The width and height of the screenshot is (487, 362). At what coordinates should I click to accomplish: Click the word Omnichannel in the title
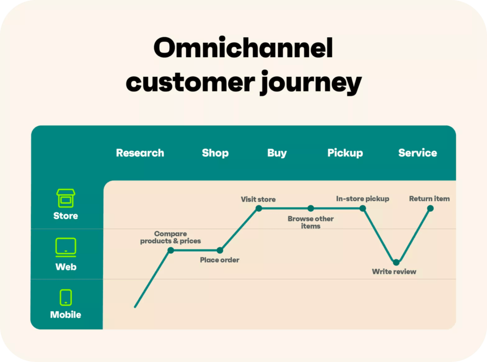243,49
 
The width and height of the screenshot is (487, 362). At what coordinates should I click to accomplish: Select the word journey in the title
311,83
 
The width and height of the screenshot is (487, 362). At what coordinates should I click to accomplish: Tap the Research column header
140,153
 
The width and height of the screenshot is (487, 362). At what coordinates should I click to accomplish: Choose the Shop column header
215,153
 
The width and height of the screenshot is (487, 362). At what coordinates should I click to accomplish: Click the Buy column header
277,153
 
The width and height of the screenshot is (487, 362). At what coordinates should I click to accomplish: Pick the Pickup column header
345,153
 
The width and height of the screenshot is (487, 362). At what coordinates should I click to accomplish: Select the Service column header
418,153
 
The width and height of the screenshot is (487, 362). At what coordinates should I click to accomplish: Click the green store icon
65,199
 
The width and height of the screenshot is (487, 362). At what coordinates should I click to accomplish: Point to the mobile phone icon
65,297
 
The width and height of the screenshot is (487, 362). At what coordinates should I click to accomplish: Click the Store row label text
65,216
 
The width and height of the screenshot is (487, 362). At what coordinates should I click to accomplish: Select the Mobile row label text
65,315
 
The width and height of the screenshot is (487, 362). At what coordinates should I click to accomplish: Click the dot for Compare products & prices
171,250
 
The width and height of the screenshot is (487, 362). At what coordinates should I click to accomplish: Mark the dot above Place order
220,250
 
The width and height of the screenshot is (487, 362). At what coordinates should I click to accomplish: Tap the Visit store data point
258,208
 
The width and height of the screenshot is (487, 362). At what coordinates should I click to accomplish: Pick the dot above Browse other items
311,208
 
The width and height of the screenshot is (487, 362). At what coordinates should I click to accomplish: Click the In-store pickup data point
363,208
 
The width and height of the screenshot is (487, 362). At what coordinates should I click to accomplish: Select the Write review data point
396,262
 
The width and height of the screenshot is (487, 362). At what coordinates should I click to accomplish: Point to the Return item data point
430,208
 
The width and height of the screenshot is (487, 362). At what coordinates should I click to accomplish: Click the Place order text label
220,260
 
